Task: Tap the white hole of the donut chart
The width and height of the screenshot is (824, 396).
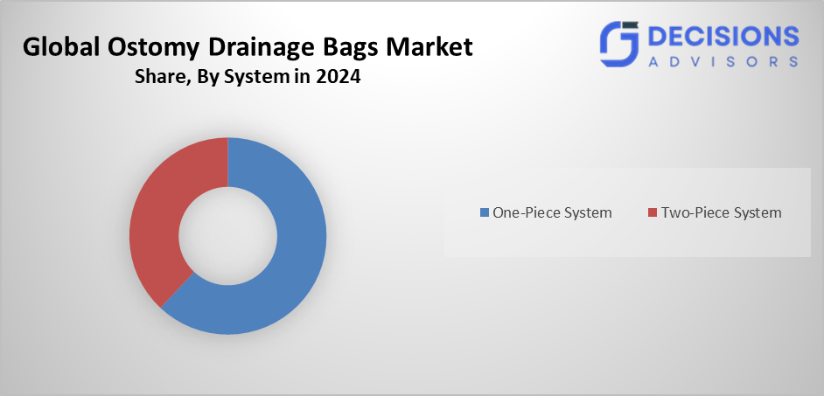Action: [x=228, y=236]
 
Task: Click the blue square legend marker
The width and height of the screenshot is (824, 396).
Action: [x=484, y=212]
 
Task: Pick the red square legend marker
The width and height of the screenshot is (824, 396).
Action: [x=653, y=212]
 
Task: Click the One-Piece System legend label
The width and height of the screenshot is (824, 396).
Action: [x=552, y=212]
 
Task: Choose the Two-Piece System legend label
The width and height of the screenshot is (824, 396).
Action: [x=722, y=212]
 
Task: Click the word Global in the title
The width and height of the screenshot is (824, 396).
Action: [x=54, y=48]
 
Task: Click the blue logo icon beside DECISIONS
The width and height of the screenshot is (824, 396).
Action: [x=619, y=44]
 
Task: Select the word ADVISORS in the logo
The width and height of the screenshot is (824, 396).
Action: [x=723, y=61]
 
